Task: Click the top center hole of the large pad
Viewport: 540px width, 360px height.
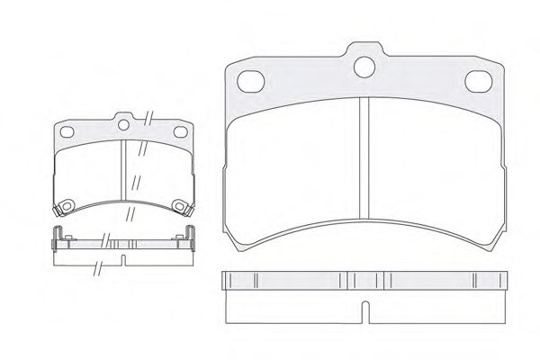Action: pyautogui.click(x=364, y=66)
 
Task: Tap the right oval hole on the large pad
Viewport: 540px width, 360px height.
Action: pyautogui.click(x=478, y=82)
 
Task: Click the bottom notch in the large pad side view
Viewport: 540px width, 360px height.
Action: pyautogui.click(x=364, y=311)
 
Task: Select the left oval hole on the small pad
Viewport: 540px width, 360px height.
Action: pyautogui.click(x=67, y=132)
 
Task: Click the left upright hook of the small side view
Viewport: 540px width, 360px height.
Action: pyautogui.click(x=55, y=236)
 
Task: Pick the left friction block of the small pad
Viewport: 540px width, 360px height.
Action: pyautogui.click(x=88, y=175)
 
